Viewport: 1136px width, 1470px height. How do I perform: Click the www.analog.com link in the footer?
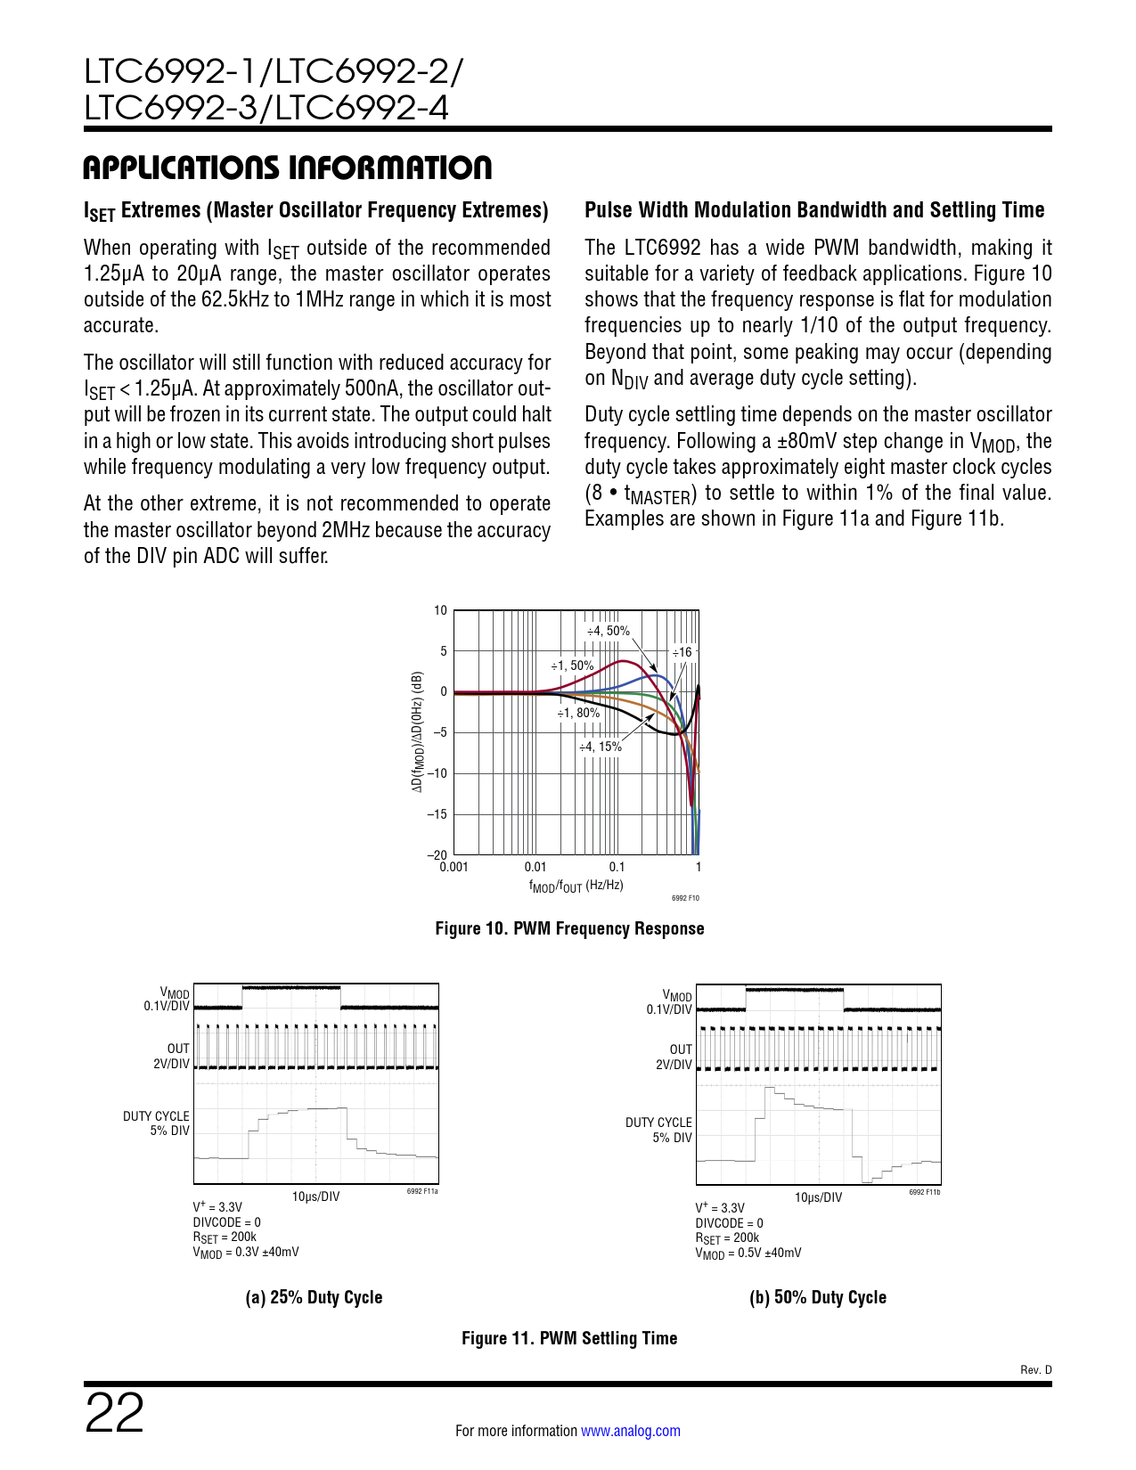point(630,1431)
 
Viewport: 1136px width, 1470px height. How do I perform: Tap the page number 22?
point(114,1415)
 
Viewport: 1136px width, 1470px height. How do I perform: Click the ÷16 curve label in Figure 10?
point(682,652)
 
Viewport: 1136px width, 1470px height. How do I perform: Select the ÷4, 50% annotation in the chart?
point(608,631)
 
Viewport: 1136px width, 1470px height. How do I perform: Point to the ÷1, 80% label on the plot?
point(578,713)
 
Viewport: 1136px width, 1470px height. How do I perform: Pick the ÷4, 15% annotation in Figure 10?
point(600,747)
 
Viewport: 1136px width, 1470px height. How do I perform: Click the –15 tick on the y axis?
point(437,814)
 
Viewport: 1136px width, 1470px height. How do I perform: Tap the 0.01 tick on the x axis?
point(535,867)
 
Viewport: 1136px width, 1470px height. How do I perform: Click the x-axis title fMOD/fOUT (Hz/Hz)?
point(576,886)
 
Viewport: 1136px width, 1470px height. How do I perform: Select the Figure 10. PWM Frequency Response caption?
point(569,928)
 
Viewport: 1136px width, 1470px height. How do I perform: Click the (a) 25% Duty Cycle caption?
point(314,1297)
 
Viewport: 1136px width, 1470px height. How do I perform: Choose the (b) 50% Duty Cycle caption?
point(817,1297)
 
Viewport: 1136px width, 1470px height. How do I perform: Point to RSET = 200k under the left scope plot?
point(225,1237)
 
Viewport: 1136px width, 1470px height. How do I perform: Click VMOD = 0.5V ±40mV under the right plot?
point(748,1254)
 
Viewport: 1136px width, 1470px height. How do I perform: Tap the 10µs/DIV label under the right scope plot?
point(817,1197)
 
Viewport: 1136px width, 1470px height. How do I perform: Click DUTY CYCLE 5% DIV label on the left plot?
point(157,1123)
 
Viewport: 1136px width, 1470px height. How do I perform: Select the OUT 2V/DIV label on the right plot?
point(674,1057)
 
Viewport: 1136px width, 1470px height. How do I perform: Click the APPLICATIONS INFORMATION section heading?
point(287,167)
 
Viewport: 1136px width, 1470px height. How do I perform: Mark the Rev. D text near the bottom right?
point(1035,1370)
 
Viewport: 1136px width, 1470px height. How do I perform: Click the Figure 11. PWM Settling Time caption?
point(568,1338)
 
